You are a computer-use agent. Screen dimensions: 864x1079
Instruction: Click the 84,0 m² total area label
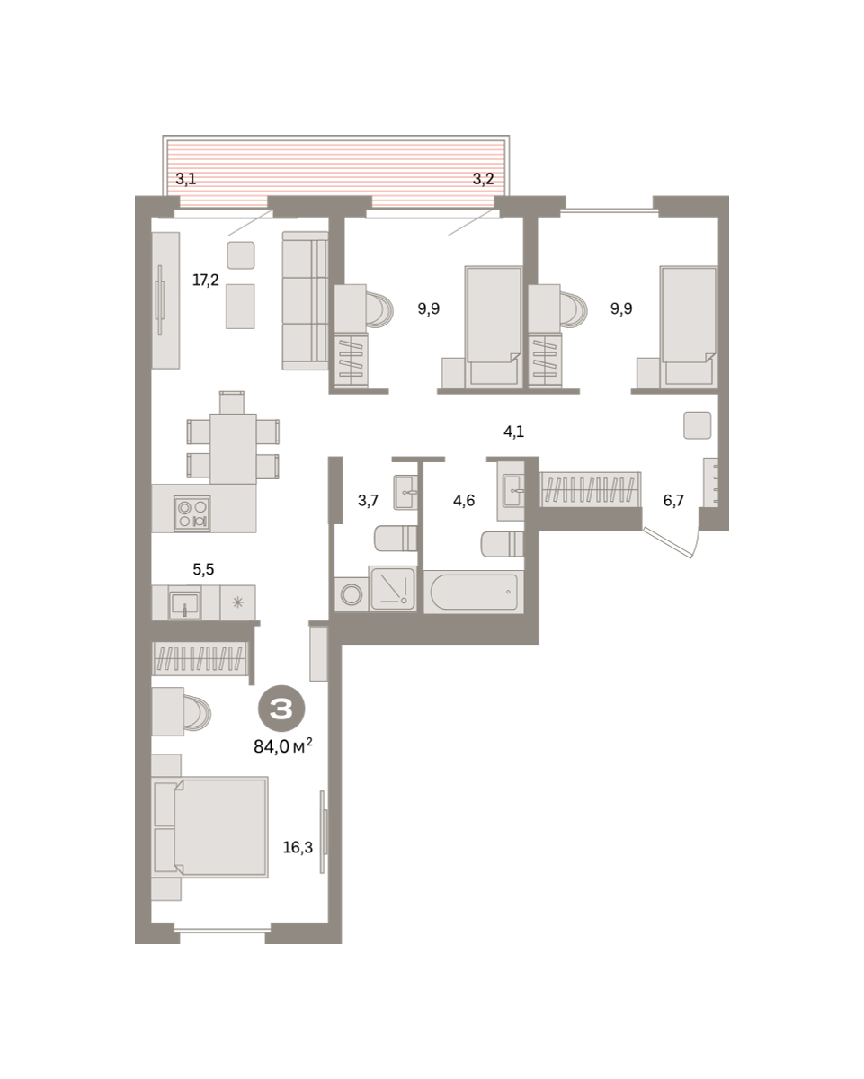[x=283, y=746]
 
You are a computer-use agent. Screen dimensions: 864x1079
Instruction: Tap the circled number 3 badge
[x=281, y=709]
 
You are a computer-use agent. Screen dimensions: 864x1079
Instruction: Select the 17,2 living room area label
[x=206, y=280]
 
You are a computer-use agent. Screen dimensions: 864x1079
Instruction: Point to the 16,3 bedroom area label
[x=298, y=847]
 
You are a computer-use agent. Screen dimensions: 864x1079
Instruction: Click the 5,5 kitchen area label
[x=203, y=569]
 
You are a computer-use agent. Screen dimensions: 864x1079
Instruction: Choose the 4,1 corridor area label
[x=514, y=432]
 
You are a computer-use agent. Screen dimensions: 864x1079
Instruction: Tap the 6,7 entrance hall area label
[x=673, y=500]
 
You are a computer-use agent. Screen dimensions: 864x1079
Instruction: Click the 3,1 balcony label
[x=185, y=179]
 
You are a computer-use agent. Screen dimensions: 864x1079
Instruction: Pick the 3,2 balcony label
[x=484, y=179]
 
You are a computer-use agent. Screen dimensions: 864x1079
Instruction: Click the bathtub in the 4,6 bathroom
[x=474, y=592]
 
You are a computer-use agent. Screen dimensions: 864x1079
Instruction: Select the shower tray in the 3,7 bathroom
[x=393, y=589]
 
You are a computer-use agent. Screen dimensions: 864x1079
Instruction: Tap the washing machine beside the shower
[x=352, y=594]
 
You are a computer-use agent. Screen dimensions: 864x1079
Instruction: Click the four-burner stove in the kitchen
[x=192, y=513]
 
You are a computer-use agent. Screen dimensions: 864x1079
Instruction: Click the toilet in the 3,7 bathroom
[x=396, y=538]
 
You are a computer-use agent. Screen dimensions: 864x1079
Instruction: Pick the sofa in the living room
[x=306, y=301]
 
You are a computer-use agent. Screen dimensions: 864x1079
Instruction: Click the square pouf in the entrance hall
[x=698, y=425]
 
